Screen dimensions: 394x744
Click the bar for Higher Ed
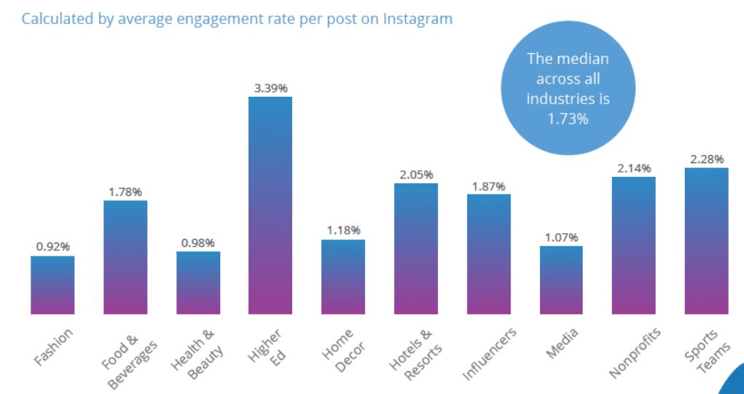270,205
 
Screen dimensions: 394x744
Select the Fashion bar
52,285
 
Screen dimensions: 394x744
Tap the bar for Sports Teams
706,241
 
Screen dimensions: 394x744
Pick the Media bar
561,280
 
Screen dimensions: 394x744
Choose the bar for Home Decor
343,277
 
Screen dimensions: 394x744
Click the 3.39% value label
270,88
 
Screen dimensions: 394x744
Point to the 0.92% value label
52,247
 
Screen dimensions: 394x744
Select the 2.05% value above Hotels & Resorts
416,175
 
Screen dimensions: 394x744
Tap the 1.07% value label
561,237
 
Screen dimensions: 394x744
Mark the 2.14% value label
633,168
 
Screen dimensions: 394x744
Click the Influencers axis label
490,354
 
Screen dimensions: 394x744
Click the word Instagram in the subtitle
415,19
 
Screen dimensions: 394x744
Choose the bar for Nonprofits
633,245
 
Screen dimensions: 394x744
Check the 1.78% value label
125,192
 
